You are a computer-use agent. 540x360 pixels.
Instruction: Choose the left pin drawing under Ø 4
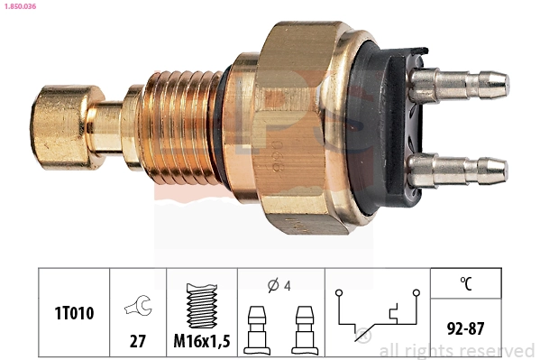click(256, 330)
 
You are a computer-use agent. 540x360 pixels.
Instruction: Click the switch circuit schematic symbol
click(378, 315)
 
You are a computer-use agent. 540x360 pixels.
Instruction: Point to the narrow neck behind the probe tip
click(111, 126)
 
